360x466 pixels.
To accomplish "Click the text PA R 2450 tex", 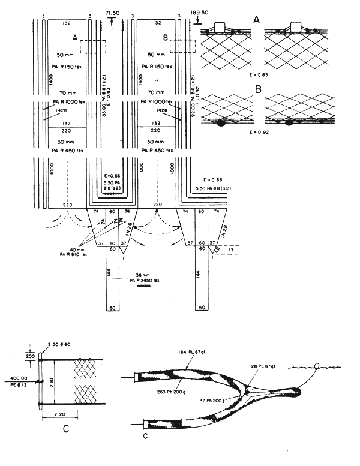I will pyautogui.click(x=145, y=279).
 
